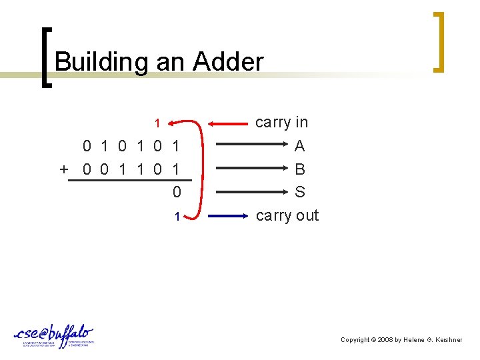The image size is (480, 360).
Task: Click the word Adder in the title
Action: (228, 62)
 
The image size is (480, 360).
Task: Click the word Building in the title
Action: (102, 62)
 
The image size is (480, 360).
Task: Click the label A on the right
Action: (300, 146)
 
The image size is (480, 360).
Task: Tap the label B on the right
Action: (300, 169)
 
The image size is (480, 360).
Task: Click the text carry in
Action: (281, 123)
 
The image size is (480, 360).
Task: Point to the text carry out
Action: (287, 215)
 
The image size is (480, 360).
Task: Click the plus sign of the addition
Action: (64, 169)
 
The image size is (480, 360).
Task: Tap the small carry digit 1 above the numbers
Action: (157, 123)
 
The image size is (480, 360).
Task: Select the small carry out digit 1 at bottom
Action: (177, 217)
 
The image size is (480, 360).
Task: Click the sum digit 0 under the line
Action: (177, 193)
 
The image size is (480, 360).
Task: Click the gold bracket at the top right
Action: (439, 41)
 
